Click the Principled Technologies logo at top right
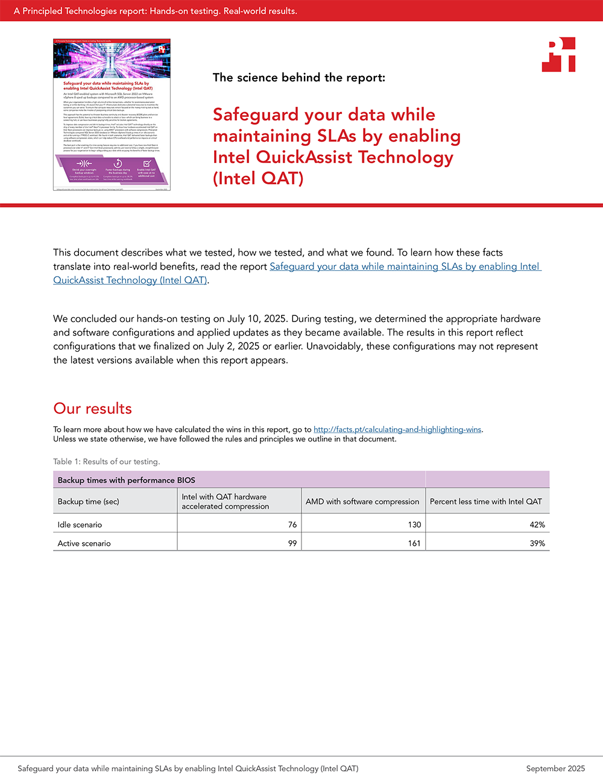tap(558, 55)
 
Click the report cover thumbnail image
tap(112, 115)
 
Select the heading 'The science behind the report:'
tap(299, 77)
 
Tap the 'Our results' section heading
tap(92, 408)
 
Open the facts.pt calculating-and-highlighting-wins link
tap(397, 429)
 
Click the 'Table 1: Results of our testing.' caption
tap(106, 461)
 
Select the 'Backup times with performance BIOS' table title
tap(127, 480)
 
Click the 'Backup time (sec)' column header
tap(89, 501)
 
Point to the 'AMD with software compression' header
tap(362, 501)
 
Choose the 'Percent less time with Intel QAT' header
tap(486, 501)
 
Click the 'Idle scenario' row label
tap(80, 525)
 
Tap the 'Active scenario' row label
tap(84, 543)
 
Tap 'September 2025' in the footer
tap(555, 768)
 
